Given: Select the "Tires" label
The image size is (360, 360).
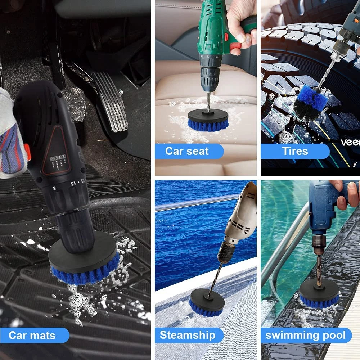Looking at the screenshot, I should [x=294, y=151].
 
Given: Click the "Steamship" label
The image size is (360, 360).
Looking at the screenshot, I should [x=188, y=335].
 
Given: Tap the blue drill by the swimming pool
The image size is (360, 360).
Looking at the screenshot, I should [x=324, y=209].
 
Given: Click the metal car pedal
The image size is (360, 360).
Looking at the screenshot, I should [x=112, y=101].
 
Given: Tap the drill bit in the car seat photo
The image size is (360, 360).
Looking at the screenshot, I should [x=208, y=103].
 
